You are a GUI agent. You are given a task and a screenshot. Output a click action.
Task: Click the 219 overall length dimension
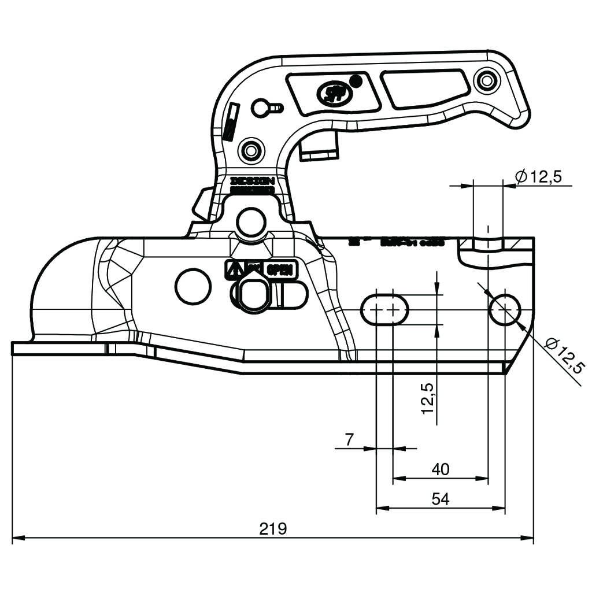pos(273,528)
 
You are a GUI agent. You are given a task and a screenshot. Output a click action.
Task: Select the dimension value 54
pos(441,499)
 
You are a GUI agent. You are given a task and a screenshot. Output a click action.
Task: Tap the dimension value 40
pos(441,469)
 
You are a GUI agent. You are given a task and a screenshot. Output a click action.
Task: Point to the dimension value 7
pos(349,439)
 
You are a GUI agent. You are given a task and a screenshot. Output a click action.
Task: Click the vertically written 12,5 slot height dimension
pos(428,398)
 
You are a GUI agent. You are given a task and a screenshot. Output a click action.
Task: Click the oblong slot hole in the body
pos(385,310)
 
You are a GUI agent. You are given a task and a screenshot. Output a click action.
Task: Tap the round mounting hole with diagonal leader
pos(505,309)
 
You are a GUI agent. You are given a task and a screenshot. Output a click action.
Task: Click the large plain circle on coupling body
pos(193,286)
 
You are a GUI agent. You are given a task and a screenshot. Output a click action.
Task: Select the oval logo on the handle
pos(332,92)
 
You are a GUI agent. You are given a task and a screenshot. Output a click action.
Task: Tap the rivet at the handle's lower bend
pos(251,150)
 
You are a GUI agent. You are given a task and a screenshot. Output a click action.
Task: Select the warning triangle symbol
pos(233,269)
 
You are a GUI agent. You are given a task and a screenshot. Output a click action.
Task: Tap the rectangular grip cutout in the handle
pos(425,87)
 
